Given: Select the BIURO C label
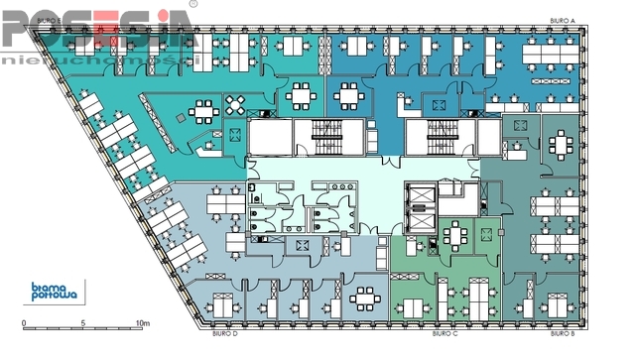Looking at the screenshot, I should pyautogui.click(x=445, y=334).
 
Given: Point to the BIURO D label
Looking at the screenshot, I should pyautogui.click(x=226, y=334).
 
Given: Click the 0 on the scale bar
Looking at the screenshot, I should pyautogui.click(x=23, y=323).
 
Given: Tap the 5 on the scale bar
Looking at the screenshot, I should pyautogui.click(x=83, y=323).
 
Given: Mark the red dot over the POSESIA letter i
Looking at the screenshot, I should pyautogui.click(x=163, y=14).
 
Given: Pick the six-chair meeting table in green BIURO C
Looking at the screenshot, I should pyautogui.click(x=455, y=233).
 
